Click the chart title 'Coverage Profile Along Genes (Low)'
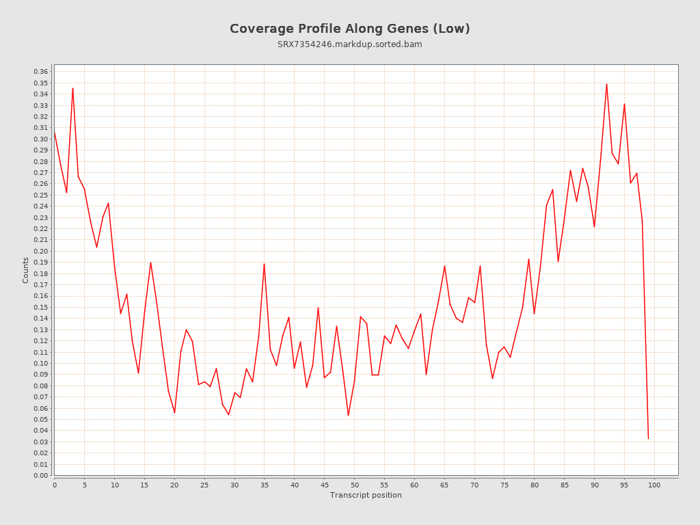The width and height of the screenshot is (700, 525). pos(349,29)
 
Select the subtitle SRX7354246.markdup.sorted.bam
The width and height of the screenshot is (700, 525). pos(349,44)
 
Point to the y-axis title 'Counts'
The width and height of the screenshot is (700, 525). pos(26,270)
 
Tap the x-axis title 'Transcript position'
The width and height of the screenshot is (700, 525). pos(366,495)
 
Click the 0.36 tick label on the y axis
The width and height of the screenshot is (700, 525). pos(40,72)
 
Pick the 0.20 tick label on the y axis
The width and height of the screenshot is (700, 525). pos(40,251)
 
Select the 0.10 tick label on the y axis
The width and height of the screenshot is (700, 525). pos(40,363)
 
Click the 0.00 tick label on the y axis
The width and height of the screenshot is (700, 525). pos(40,475)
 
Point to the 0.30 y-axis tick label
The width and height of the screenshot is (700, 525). pos(40,139)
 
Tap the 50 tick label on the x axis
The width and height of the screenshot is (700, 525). pos(354,485)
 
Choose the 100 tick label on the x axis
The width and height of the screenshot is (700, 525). pos(654,485)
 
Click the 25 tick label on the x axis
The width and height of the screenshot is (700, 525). pos(204,485)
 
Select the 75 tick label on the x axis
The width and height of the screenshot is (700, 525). pos(504,485)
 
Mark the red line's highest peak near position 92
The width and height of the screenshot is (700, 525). pos(606,84)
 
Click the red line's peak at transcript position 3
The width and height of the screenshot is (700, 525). pos(72,88)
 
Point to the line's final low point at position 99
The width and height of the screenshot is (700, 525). pos(648,438)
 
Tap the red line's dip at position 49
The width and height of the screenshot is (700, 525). pos(348,415)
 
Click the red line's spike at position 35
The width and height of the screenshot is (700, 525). pos(264,264)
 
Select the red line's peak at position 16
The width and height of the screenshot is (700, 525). pos(150,262)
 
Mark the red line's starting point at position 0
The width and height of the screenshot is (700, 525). pos(55,132)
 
